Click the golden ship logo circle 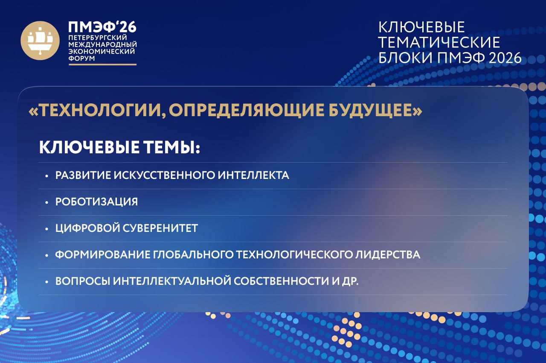click(40, 41)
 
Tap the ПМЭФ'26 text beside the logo click(102, 26)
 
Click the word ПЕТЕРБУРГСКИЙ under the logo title click(98, 38)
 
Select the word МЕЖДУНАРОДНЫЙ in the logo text click(103, 44)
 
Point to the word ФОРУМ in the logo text click(81, 59)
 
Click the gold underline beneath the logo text click(103, 64)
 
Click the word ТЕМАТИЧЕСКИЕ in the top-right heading click(439, 42)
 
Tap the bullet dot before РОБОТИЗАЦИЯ click(47, 202)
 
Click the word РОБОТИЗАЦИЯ click(96, 202)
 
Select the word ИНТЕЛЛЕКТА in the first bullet click(253, 175)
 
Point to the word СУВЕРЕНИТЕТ click(160, 228)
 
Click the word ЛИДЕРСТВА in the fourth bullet click(387, 255)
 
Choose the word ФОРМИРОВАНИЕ click(103, 255)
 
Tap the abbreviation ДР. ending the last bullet click(350, 281)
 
